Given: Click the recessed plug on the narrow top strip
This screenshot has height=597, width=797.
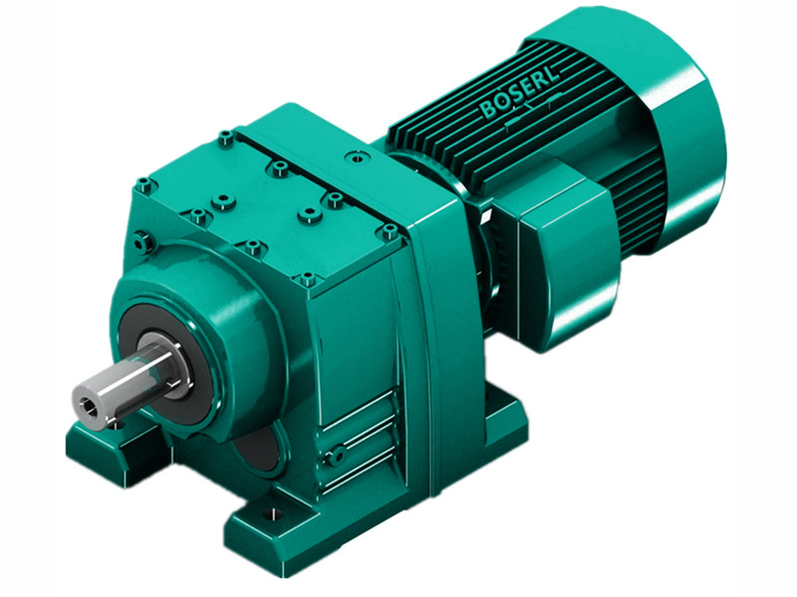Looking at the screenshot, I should (x=355, y=157).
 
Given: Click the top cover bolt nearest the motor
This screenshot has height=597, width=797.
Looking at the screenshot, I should (x=389, y=233).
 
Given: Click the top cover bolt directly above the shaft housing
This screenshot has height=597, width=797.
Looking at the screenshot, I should (x=255, y=247).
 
